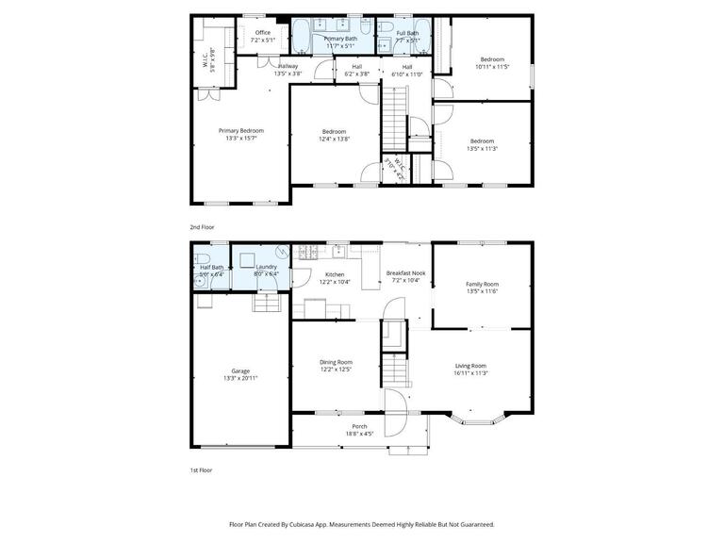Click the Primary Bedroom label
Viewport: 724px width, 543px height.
pyautogui.click(x=240, y=131)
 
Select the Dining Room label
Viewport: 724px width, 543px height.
pyautogui.click(x=336, y=362)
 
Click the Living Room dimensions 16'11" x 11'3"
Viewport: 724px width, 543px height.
pyautogui.click(x=470, y=373)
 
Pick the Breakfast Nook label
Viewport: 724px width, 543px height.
pyautogui.click(x=406, y=273)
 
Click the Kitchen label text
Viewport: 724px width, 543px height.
pyautogui.click(x=334, y=274)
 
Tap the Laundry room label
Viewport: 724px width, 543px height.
pyautogui.click(x=266, y=267)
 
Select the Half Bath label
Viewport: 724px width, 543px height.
pyautogui.click(x=212, y=267)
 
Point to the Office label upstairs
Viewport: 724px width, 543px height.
pyautogui.click(x=263, y=33)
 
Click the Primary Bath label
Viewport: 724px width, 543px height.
pyautogui.click(x=340, y=39)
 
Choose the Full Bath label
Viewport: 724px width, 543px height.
pyautogui.click(x=395, y=33)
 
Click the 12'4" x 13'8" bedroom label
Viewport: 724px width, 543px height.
pyautogui.click(x=334, y=131)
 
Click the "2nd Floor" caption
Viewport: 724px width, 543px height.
pyautogui.click(x=202, y=227)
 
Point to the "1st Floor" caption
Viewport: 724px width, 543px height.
pyautogui.click(x=201, y=469)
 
